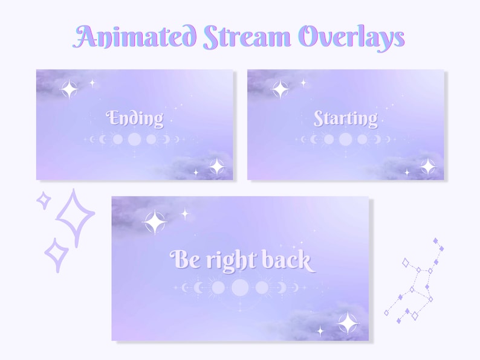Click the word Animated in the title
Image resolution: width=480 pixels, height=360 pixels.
(x=136, y=37)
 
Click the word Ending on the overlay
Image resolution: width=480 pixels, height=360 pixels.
(x=135, y=118)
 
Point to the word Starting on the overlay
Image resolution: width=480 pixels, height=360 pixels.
(x=345, y=118)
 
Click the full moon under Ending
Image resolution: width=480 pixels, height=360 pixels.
(x=134, y=140)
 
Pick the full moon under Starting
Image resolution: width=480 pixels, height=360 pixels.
(x=345, y=140)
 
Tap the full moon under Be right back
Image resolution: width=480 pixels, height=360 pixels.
(x=240, y=287)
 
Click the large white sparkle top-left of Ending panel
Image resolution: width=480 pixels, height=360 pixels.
(x=69, y=89)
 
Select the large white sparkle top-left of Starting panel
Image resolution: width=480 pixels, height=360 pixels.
(x=280, y=89)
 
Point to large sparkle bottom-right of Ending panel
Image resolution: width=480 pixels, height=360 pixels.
(x=216, y=166)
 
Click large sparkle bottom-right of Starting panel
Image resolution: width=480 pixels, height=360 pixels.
(x=428, y=166)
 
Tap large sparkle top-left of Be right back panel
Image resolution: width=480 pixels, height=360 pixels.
(x=155, y=222)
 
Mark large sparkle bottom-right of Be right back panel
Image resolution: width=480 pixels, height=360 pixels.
(x=348, y=323)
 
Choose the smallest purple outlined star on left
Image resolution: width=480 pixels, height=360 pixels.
(x=44, y=200)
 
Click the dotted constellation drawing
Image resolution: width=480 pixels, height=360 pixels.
(x=417, y=281)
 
